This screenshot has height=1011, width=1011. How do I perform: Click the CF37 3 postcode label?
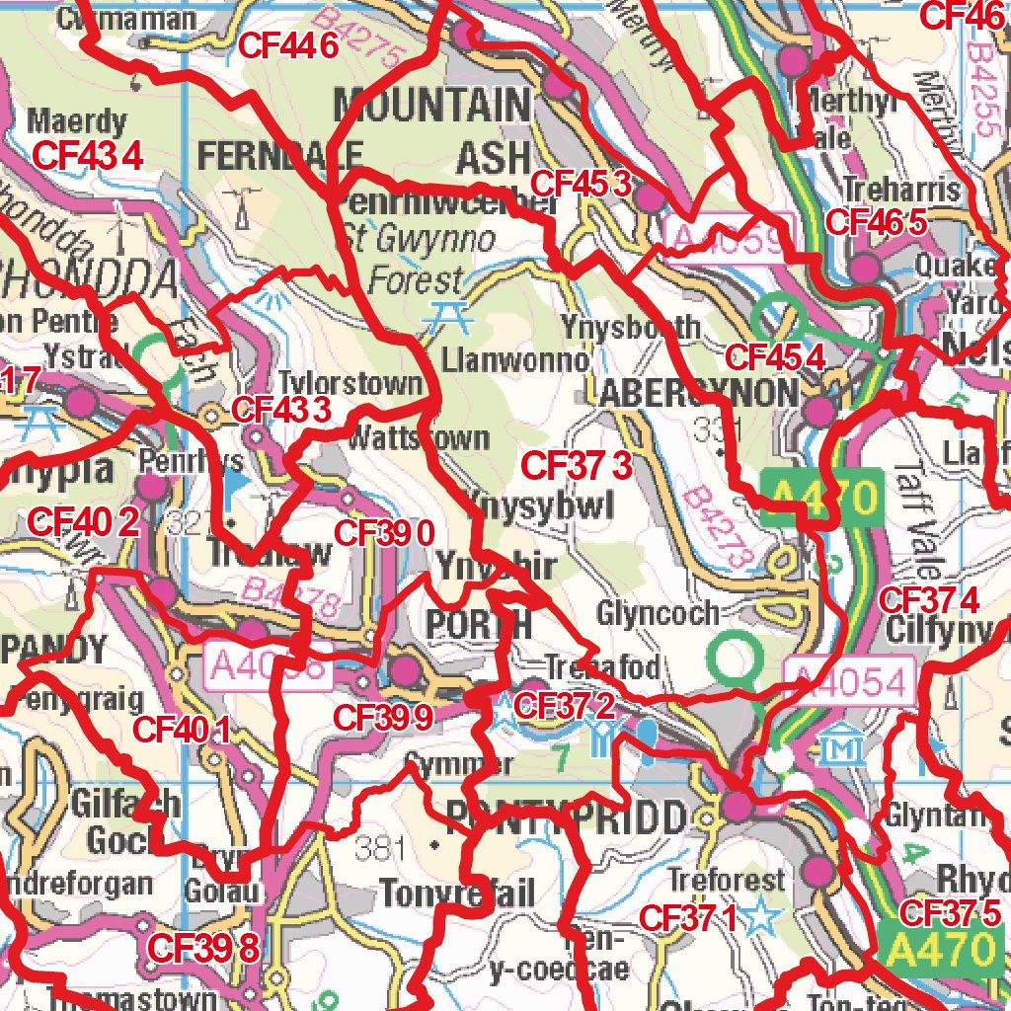[x=576, y=464]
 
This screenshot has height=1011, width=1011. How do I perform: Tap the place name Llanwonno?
[x=515, y=357]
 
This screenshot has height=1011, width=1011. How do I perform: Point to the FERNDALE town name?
[x=280, y=155]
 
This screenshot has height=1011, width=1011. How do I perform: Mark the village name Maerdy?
[x=77, y=122]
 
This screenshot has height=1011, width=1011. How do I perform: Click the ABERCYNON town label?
[x=697, y=394]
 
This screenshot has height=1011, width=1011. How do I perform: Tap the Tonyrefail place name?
[x=457, y=894]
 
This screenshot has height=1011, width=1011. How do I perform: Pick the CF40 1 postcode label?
[x=182, y=730]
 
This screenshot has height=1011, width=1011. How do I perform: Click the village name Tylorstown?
[x=350, y=383]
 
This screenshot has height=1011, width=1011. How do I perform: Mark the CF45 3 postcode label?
[x=580, y=183]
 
